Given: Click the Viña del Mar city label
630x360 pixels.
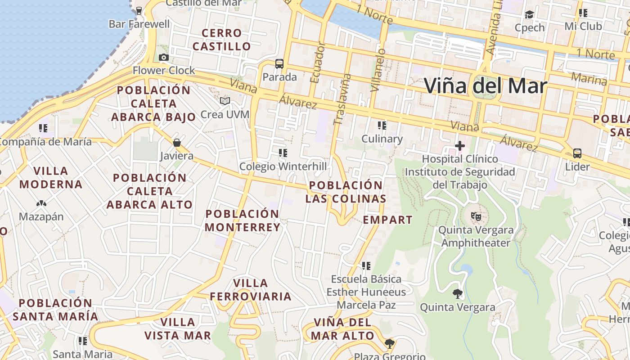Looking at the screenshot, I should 486,86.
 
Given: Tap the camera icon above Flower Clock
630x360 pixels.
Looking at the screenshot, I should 164,57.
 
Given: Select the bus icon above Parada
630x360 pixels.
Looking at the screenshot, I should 279,64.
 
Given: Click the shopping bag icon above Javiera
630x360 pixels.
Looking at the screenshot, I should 177,143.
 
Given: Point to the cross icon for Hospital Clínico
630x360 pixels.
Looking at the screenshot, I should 459,146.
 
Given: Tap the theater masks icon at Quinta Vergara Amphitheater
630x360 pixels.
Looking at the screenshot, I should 476,216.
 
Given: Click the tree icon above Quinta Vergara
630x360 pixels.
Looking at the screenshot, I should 458,294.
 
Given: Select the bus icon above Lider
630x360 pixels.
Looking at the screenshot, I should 577,153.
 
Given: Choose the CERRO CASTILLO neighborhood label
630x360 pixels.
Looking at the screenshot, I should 221,40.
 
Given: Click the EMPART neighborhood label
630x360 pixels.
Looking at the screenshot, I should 387,220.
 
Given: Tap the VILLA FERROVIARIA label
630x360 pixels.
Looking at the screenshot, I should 251,290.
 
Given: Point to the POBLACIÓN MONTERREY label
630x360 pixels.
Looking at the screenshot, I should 243,220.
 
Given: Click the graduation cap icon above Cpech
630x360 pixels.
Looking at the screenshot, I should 529,15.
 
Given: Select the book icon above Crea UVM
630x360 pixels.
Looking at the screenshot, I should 225,101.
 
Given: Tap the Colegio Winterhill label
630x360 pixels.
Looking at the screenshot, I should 283,166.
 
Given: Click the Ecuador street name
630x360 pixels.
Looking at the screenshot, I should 317,62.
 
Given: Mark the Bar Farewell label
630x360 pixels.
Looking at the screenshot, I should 139,24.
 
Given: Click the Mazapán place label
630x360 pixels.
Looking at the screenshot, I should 41,216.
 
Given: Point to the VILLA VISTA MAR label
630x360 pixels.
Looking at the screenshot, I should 178,328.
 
